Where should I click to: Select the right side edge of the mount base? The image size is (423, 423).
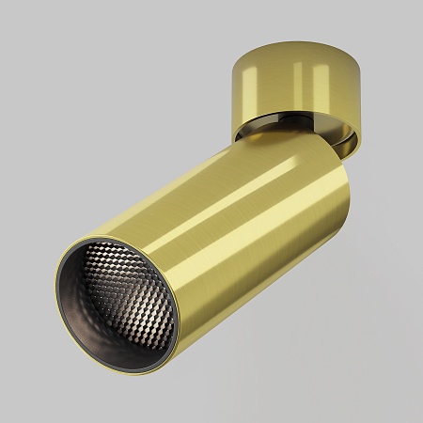pos(365,94)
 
